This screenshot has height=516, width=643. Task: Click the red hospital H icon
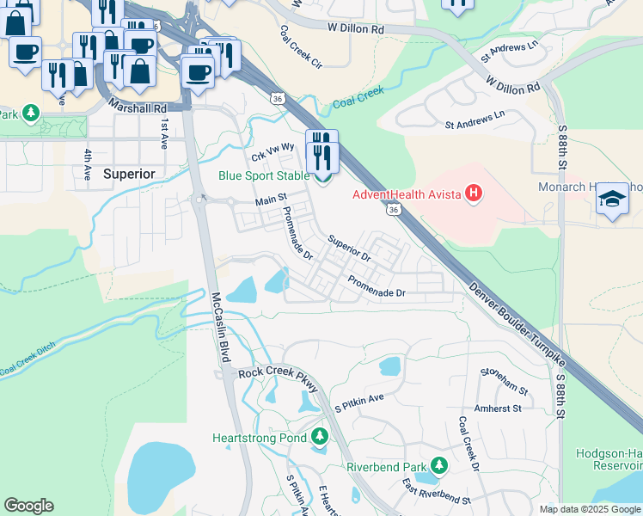(473, 193)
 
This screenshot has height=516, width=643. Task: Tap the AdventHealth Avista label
(407, 193)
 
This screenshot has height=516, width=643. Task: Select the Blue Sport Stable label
(264, 175)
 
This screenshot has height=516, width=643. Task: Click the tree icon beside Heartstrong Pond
(321, 438)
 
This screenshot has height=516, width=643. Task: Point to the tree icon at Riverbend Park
(439, 466)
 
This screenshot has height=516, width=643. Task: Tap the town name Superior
(129, 174)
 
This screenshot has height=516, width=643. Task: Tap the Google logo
(28, 506)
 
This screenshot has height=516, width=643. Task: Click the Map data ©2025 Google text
(590, 509)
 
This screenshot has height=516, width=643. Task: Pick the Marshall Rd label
(138, 107)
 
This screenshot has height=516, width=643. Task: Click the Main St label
(270, 200)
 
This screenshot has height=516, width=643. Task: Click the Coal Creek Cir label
(300, 46)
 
